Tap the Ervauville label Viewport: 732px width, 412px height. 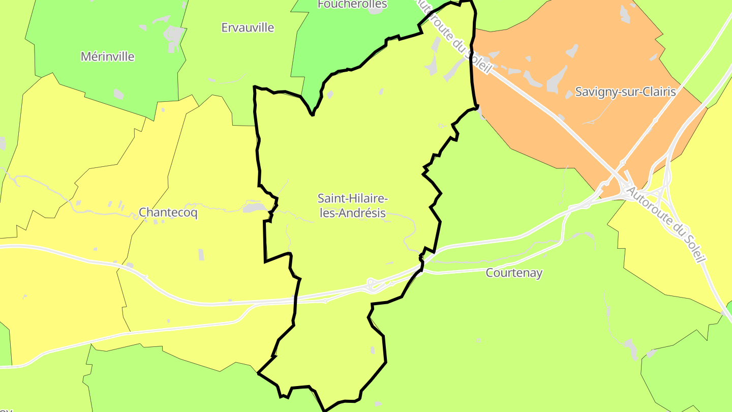click(248, 27)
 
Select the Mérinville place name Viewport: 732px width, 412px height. click(108, 56)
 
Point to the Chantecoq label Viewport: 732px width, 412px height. click(168, 213)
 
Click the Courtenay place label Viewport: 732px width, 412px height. click(514, 273)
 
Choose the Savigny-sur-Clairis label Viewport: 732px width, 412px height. click(625, 92)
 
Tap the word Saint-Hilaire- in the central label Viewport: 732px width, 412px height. click(353, 198)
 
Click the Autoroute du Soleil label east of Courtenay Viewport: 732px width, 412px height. click(666, 224)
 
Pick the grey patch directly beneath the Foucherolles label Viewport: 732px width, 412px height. click(375, 11)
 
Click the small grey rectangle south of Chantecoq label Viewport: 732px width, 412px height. click(201, 255)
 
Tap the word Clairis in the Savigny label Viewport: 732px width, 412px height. click(658, 92)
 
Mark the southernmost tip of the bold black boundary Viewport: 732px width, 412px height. click(324, 410)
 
